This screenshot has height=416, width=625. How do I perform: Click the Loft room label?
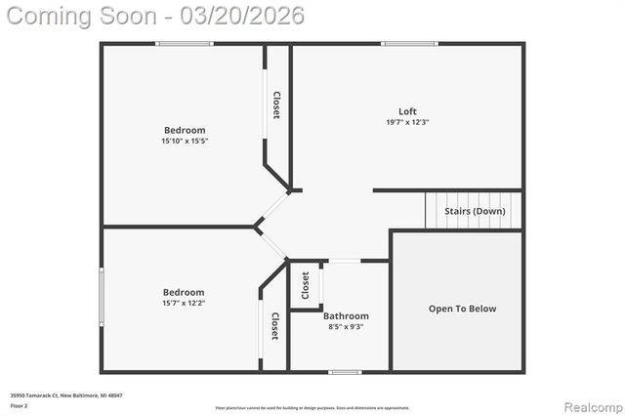[x=407, y=111]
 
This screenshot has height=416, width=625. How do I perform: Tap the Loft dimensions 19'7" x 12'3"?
[x=407, y=123]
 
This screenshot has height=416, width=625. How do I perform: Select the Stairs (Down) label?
[x=476, y=211]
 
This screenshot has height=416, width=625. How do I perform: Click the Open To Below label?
[x=462, y=309]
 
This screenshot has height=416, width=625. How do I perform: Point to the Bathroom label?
[x=346, y=316]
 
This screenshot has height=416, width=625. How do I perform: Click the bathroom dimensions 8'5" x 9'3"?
[x=346, y=328]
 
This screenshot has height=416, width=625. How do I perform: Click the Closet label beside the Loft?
[x=276, y=105]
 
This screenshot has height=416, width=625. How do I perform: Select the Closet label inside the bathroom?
[x=306, y=285]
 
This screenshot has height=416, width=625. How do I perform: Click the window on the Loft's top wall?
[x=402, y=44]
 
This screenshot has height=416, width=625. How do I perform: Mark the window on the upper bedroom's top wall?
[x=185, y=44]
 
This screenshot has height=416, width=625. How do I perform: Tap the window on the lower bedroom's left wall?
[x=101, y=297]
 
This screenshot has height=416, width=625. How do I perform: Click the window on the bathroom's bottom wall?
[x=345, y=371]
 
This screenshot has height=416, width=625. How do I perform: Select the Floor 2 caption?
[x=19, y=403]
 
